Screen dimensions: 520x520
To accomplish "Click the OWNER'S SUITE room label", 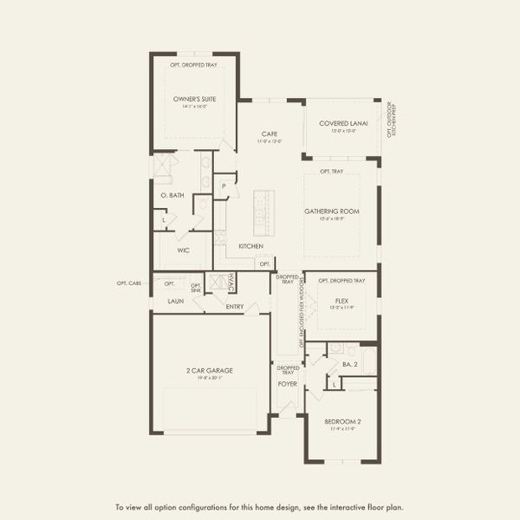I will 194,100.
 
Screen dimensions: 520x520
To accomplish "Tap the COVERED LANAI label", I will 343,124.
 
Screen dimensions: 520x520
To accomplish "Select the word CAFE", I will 269,134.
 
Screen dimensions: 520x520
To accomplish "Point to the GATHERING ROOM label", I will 331,211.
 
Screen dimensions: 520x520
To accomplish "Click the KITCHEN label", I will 250,246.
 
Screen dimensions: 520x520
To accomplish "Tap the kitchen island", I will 260,211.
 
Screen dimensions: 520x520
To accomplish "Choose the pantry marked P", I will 224,186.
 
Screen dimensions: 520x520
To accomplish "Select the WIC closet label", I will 183,250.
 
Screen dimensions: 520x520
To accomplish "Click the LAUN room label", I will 174,302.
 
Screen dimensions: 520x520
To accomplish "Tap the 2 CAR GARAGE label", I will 209,370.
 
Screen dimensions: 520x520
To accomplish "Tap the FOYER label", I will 287,383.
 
